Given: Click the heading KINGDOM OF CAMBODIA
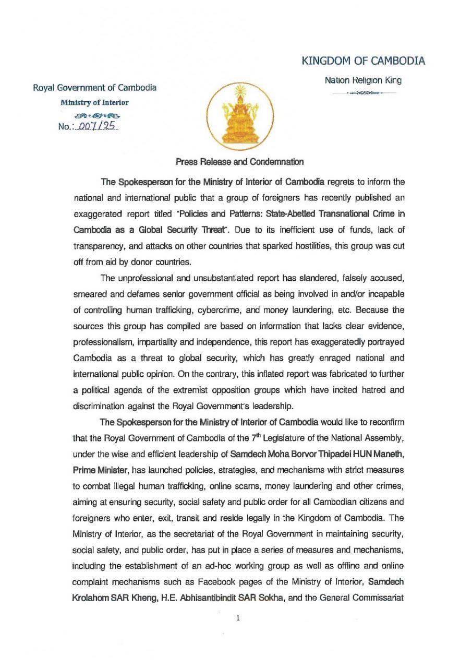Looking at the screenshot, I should pos(363,61).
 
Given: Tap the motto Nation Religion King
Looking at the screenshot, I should pos(363,80).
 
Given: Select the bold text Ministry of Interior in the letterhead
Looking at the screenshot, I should pos(94,102).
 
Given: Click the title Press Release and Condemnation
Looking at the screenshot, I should pos(239,162).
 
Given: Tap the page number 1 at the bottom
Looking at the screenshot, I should pos(238,618).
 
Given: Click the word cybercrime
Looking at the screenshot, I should pos(217,310).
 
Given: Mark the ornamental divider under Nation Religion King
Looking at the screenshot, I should pos(363,92).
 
